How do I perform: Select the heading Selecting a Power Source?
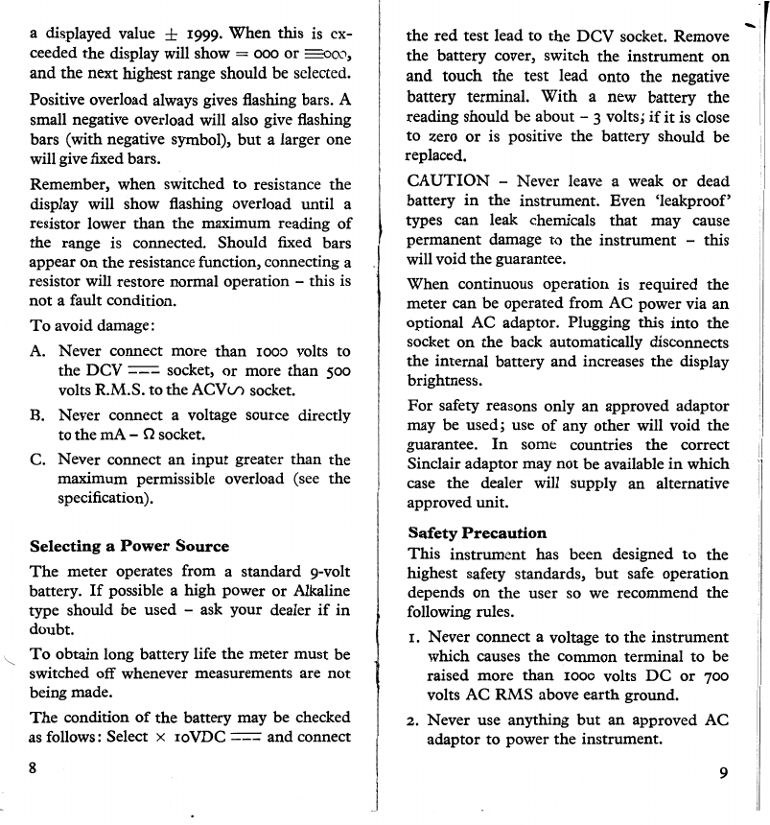tap(128, 546)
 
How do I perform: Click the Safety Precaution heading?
tap(477, 532)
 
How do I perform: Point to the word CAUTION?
tap(449, 180)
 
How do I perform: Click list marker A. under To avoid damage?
tap(39, 352)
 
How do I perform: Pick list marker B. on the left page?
tap(39, 416)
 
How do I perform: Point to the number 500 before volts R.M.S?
tap(333, 370)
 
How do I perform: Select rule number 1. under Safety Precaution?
tap(413, 637)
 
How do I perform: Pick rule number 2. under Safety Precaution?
tap(413, 719)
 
